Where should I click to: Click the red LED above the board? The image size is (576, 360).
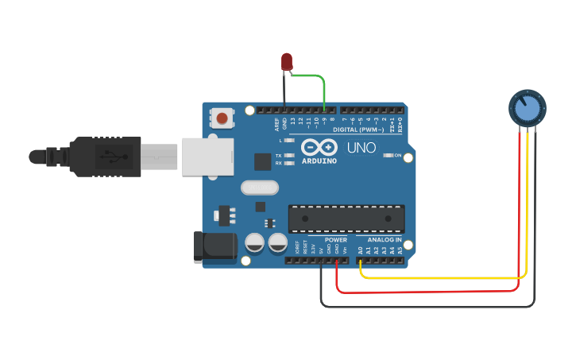pos(287,61)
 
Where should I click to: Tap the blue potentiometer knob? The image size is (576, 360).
pos(528,107)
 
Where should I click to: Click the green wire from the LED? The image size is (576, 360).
pos(314,76)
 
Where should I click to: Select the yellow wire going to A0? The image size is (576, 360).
pos(445,278)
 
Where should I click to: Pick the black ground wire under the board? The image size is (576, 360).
pos(429,306)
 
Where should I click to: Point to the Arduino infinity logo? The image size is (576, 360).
pos(318,148)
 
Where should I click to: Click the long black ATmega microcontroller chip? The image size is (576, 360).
pos(346,218)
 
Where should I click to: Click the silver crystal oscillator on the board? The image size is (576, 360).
pos(258,188)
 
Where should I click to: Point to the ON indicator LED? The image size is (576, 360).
pos(387,156)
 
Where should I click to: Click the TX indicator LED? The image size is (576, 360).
pos(289,155)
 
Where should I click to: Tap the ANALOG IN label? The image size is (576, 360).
pos(384,239)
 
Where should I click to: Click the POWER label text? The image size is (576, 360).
pos(336,239)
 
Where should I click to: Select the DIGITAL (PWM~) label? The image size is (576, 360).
pos(358,130)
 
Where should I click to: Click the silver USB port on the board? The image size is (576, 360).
pos(209,156)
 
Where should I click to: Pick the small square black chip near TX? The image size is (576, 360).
pos(263,161)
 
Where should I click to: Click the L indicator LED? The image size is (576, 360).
pos(289,141)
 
